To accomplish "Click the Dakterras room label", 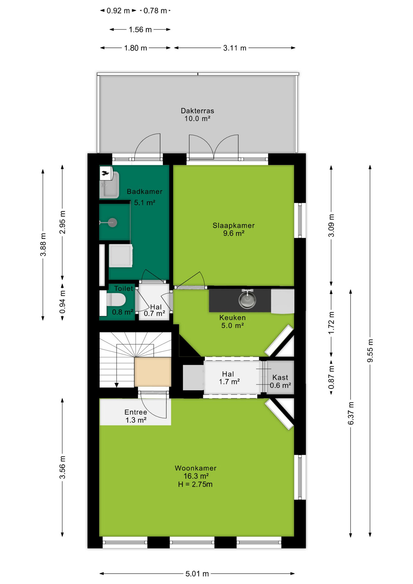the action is coord(197,111).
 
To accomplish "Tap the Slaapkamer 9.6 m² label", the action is coord(234,229).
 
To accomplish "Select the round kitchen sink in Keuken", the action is coord(247,300).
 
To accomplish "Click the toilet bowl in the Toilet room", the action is coord(116,300).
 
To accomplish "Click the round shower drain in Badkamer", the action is coord(113,223).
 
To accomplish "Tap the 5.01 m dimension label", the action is coord(197,574).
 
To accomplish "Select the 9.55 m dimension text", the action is coord(370,350).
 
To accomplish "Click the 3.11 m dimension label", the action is coord(234,48).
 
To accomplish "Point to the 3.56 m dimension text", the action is coord(62,467).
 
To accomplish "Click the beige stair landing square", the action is coord(153,372).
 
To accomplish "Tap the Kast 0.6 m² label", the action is coord(280,381).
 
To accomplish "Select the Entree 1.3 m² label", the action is coord(136,416).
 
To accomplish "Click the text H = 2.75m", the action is coord(195,484).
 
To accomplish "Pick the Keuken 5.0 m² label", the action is coord(232,322).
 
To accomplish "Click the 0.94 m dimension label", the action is coord(62,302).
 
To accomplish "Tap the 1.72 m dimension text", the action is coord(331,323).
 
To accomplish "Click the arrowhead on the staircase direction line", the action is coord(116,385).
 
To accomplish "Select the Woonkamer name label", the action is coord(196,468).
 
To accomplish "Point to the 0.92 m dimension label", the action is coord(118,11).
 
